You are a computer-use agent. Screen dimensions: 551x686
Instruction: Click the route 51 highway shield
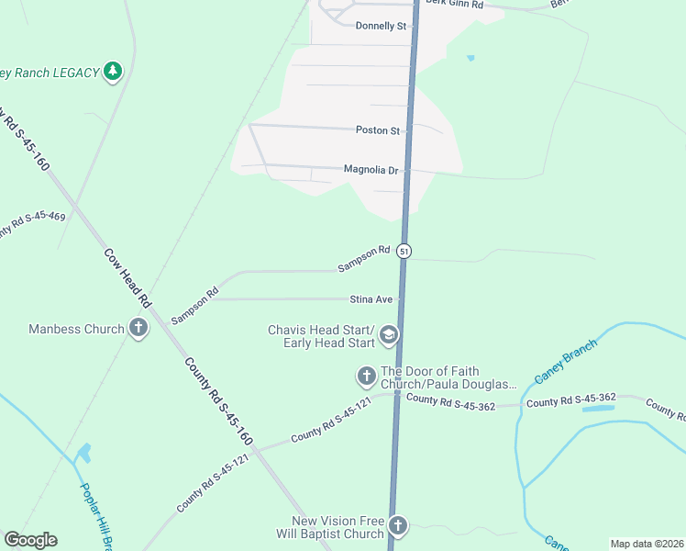click(404, 251)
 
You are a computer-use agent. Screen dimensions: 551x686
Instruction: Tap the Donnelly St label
click(381, 27)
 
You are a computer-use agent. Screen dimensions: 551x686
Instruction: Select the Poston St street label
click(378, 130)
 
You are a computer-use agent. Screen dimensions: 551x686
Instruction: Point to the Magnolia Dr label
click(371, 170)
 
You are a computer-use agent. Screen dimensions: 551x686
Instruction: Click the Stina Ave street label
click(371, 299)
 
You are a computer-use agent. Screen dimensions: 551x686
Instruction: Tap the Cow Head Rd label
click(127, 278)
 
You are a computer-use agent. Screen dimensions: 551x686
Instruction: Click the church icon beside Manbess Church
click(138, 328)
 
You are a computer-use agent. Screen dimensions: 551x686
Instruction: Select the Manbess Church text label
click(76, 329)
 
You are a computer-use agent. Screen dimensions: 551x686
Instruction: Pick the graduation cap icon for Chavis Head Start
click(389, 336)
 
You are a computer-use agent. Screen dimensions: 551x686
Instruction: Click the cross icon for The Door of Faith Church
click(366, 376)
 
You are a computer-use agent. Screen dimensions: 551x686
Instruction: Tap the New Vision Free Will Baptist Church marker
click(397, 526)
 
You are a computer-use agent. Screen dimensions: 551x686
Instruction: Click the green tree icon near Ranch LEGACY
click(113, 72)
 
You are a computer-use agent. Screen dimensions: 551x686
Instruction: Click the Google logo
click(30, 540)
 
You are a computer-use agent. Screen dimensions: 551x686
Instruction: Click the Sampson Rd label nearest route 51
click(364, 258)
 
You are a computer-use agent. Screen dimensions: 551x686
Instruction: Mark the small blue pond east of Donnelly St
click(470, 58)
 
